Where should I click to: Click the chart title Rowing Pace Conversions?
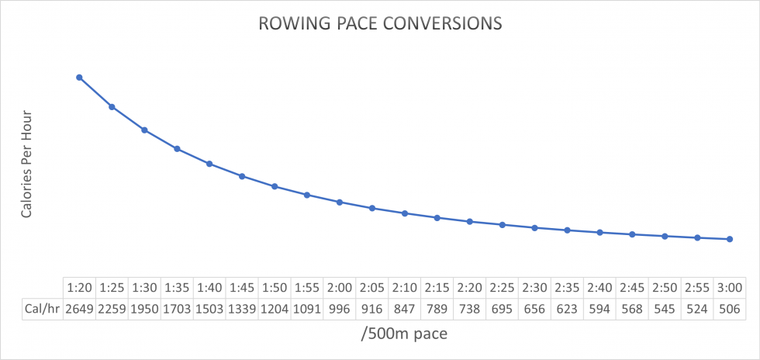pyautogui.click(x=380, y=23)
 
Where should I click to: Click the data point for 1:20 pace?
pyautogui.click(x=79, y=77)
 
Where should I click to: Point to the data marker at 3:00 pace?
pyautogui.click(x=730, y=239)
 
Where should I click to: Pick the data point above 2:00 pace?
pyautogui.click(x=340, y=202)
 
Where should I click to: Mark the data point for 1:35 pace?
pyautogui.click(x=177, y=148)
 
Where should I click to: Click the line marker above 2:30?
pyautogui.click(x=534, y=227)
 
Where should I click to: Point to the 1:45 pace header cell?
pyautogui.click(x=242, y=287)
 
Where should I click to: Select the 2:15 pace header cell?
pyautogui.click(x=437, y=287)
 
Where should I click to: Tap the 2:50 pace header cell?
pyautogui.click(x=665, y=287)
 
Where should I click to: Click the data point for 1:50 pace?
pyautogui.click(x=275, y=186)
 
